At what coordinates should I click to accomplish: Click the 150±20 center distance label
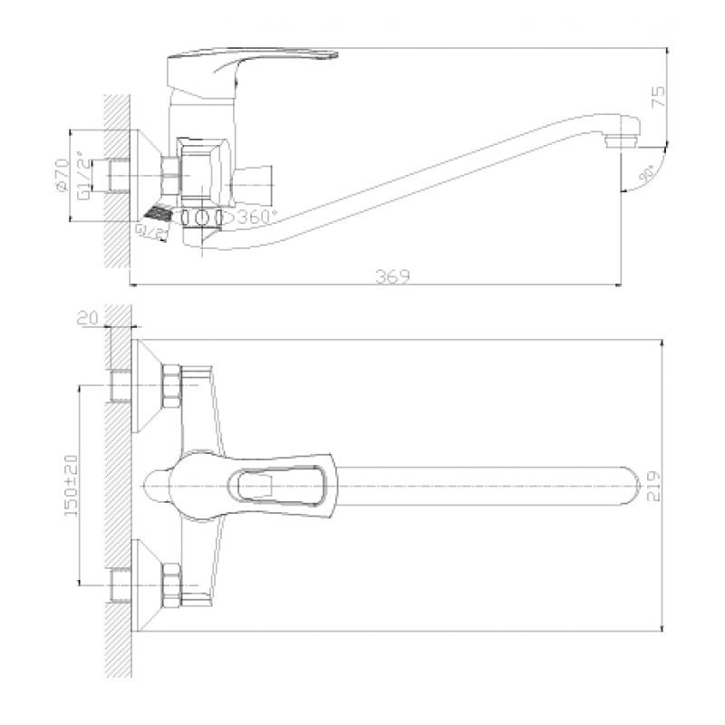click(x=72, y=485)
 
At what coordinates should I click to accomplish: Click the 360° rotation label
click(x=258, y=217)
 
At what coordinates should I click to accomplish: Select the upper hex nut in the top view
click(x=169, y=385)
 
